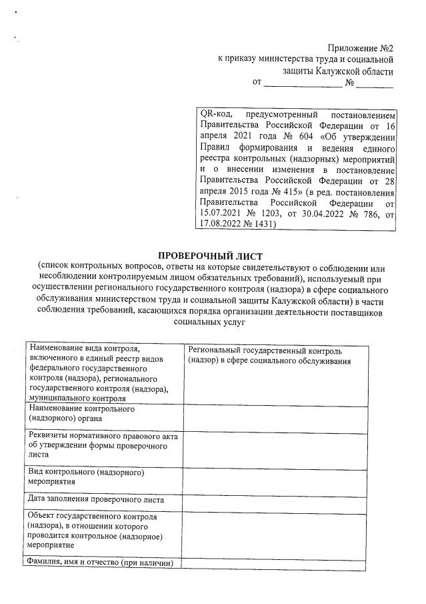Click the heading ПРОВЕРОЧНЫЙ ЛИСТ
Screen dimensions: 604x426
pos(210,256)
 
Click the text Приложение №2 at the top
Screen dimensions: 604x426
pos(360,48)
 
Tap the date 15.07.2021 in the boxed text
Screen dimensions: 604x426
pos(223,214)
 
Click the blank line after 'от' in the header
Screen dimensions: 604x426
pos(303,83)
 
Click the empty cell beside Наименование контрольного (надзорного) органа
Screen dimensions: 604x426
pos(274,418)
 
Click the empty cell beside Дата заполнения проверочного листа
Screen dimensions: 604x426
pos(274,500)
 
